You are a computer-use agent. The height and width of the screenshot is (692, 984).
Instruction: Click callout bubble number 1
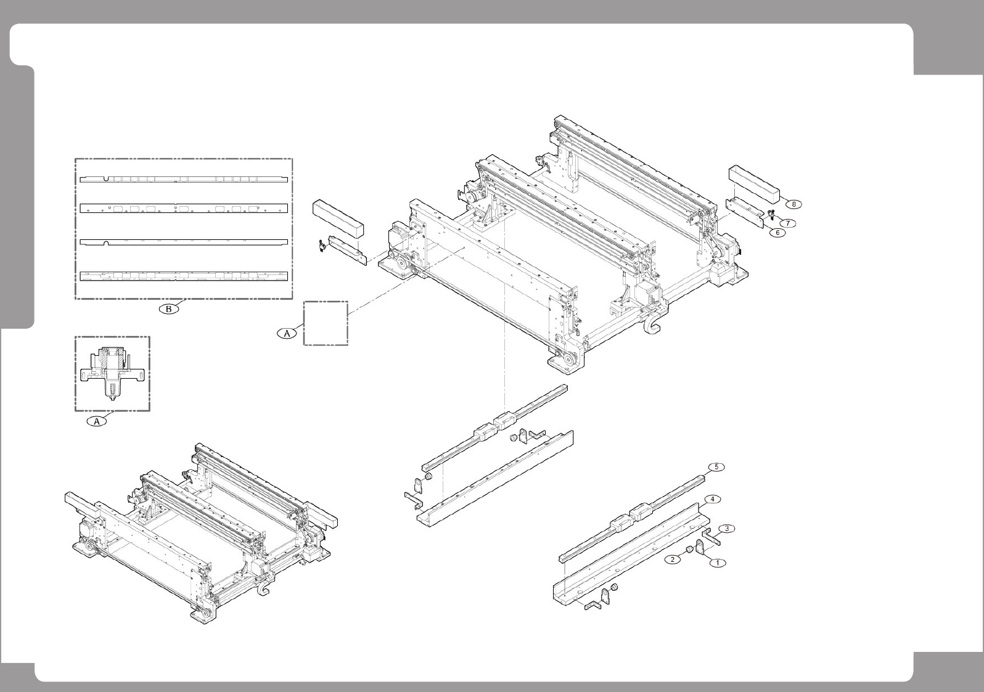718,562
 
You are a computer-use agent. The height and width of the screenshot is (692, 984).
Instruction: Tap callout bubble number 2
672,559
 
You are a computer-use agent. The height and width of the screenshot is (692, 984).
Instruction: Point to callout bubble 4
712,498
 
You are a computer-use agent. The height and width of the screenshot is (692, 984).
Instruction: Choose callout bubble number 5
716,467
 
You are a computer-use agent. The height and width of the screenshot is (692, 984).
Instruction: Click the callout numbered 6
777,233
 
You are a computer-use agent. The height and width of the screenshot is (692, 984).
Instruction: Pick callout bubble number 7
789,222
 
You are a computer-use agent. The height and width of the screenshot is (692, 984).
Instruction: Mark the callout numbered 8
794,204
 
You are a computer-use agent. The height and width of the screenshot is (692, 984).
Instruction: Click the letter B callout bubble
168,308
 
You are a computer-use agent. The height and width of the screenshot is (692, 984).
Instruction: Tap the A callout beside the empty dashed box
286,332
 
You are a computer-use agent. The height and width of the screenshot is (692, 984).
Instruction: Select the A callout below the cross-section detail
96,422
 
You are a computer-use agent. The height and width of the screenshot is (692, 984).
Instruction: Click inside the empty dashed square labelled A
326,323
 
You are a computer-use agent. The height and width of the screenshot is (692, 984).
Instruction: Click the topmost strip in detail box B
184,179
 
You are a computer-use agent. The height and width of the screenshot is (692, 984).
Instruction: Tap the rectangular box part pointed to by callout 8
755,183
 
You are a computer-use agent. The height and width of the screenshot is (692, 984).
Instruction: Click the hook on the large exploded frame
653,325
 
